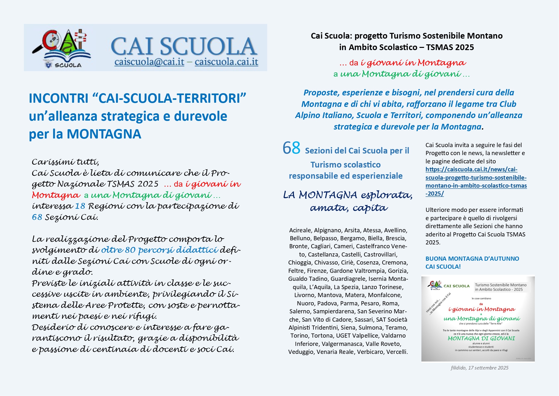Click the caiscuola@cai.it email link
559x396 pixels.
point(149,62)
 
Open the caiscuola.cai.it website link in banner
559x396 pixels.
point(226,62)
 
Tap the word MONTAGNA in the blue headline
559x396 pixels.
point(104,134)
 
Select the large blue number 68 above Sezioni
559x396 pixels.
point(291,148)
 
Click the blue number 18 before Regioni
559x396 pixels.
point(80,206)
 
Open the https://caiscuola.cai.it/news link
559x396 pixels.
point(476,181)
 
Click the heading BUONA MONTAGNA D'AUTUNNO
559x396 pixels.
point(472,258)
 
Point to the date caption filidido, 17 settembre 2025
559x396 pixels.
point(479,368)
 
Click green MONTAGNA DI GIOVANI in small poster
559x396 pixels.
point(481,338)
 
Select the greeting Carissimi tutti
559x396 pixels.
point(65,162)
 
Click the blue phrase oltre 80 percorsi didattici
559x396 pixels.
point(160,250)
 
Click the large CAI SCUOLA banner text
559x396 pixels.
point(184,47)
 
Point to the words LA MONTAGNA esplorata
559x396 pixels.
point(348,195)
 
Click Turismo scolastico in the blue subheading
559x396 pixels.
point(346,165)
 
